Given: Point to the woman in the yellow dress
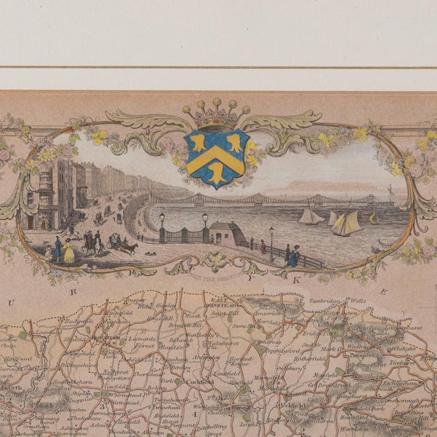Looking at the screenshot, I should tap(69, 252).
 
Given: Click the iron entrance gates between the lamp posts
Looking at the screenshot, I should tap(183, 236).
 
